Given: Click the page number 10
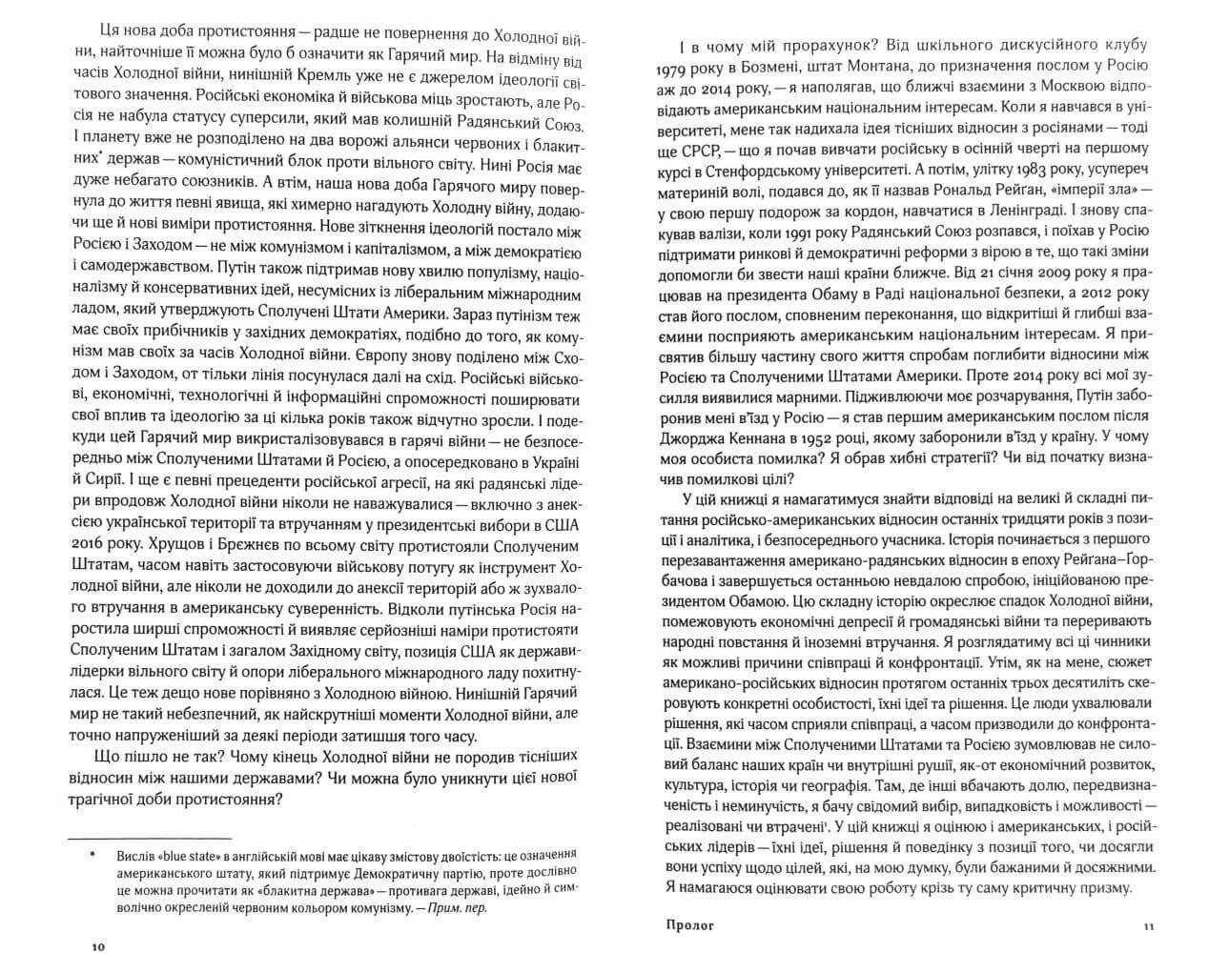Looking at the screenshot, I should (99, 946).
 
